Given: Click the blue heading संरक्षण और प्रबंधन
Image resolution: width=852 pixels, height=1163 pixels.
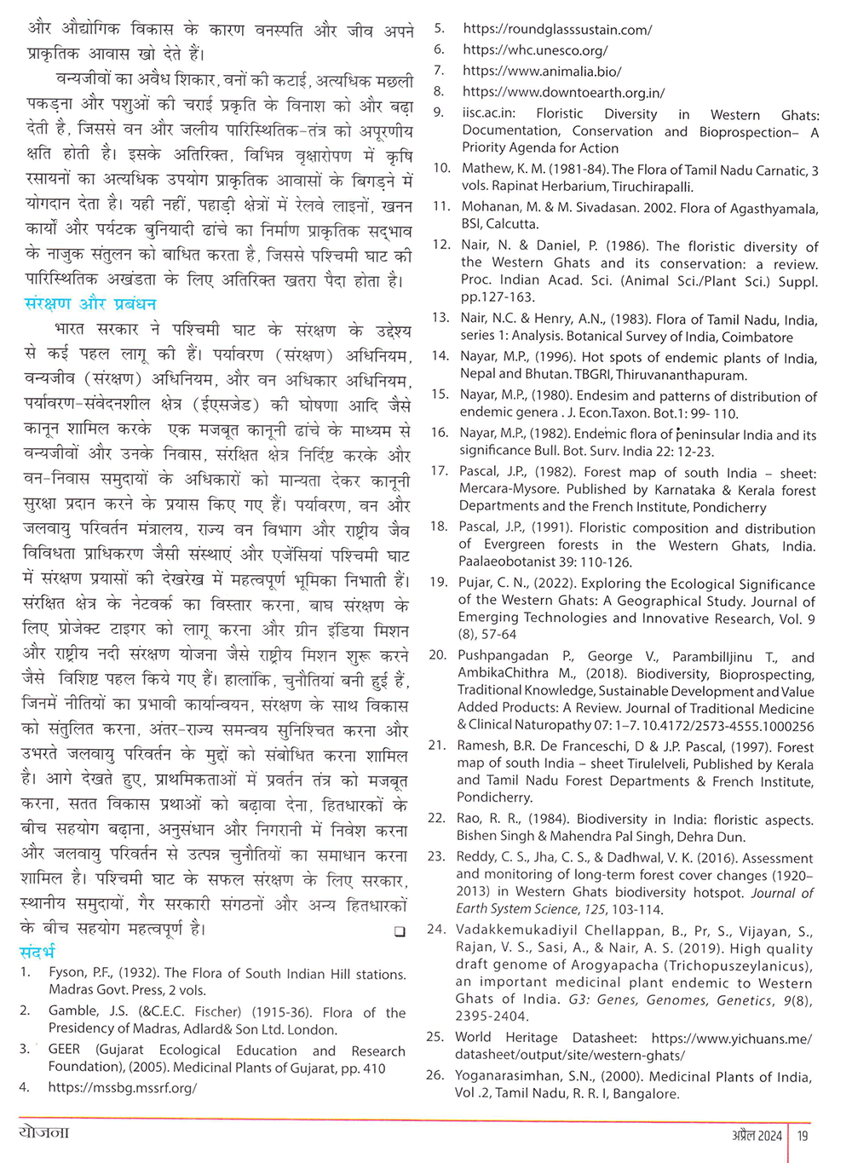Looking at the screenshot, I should pyautogui.click(x=90, y=303).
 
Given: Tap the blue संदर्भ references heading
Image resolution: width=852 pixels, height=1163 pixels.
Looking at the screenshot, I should pyautogui.click(x=37, y=952).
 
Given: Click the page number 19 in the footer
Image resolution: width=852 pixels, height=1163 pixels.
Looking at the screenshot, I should pyautogui.click(x=803, y=1136).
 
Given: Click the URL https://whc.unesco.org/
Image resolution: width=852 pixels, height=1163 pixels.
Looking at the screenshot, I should pyautogui.click(x=535, y=50).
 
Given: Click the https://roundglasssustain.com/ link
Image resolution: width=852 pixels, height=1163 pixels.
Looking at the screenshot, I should pyautogui.click(x=557, y=29).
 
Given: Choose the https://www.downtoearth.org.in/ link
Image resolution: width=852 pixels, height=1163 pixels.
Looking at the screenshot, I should pyautogui.click(x=563, y=92).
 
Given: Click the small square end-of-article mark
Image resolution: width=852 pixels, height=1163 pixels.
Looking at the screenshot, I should pyautogui.click(x=400, y=932).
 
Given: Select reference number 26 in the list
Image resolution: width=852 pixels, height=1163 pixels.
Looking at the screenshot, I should pyautogui.click(x=435, y=1075).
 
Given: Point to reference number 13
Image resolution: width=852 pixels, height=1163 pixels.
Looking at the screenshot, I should pyautogui.click(x=440, y=318).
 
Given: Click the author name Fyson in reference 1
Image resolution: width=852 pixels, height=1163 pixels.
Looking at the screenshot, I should pyautogui.click(x=66, y=973).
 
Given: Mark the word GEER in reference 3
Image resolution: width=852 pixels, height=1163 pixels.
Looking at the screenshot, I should pyautogui.click(x=65, y=1050).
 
